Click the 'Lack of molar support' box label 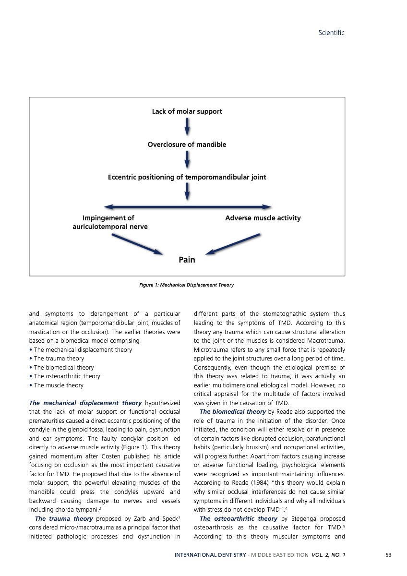tap(187, 111)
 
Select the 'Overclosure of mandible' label tap(187, 144)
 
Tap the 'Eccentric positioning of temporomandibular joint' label tap(187, 177)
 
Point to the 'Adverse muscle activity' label tap(263, 218)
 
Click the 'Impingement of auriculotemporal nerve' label tap(109, 222)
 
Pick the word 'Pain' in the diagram tap(187, 260)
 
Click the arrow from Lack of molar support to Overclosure tap(187, 128)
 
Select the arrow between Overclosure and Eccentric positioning tap(187, 161)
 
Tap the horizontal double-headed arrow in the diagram tap(188, 207)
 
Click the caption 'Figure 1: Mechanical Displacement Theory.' tap(187, 285)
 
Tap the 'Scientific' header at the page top tap(332, 33)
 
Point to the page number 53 tap(388, 555)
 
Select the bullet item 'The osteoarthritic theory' tap(67, 376)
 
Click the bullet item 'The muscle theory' tap(59, 385)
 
